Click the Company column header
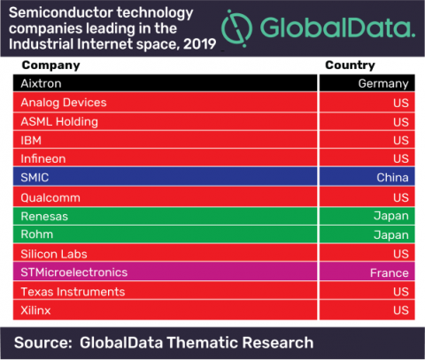(x=50, y=65)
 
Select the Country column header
(x=350, y=65)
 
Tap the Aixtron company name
(x=41, y=83)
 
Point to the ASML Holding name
(x=59, y=121)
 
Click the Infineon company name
(x=43, y=159)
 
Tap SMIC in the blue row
(x=35, y=178)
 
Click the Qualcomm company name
(x=50, y=197)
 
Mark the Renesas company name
(x=44, y=217)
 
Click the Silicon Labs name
(x=54, y=254)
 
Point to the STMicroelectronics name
(x=74, y=272)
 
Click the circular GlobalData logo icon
(x=236, y=28)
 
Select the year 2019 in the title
(x=200, y=44)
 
